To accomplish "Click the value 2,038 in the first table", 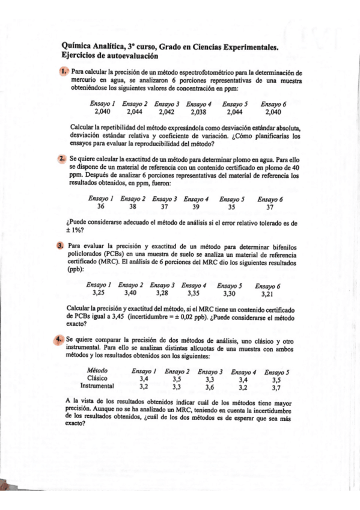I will [x=198, y=111].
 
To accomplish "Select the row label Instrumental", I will [x=97, y=387].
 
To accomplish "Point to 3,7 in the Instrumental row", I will [x=276, y=387].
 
